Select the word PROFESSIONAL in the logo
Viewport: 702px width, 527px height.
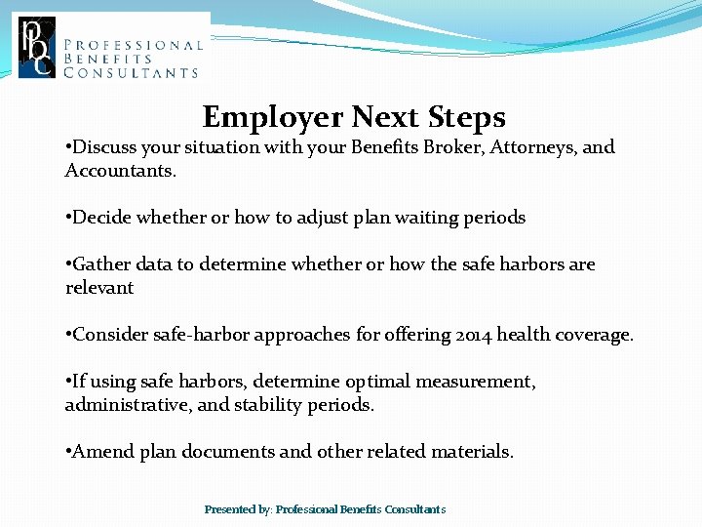(133, 44)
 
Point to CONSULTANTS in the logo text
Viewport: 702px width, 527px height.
(131, 72)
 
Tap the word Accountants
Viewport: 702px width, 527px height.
(120, 171)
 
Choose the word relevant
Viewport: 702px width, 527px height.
(98, 288)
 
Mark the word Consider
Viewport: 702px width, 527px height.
(110, 335)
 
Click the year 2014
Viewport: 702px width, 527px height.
(473, 335)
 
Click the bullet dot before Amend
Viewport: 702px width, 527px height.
(67, 452)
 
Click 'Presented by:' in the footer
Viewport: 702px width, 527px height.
(238, 509)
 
